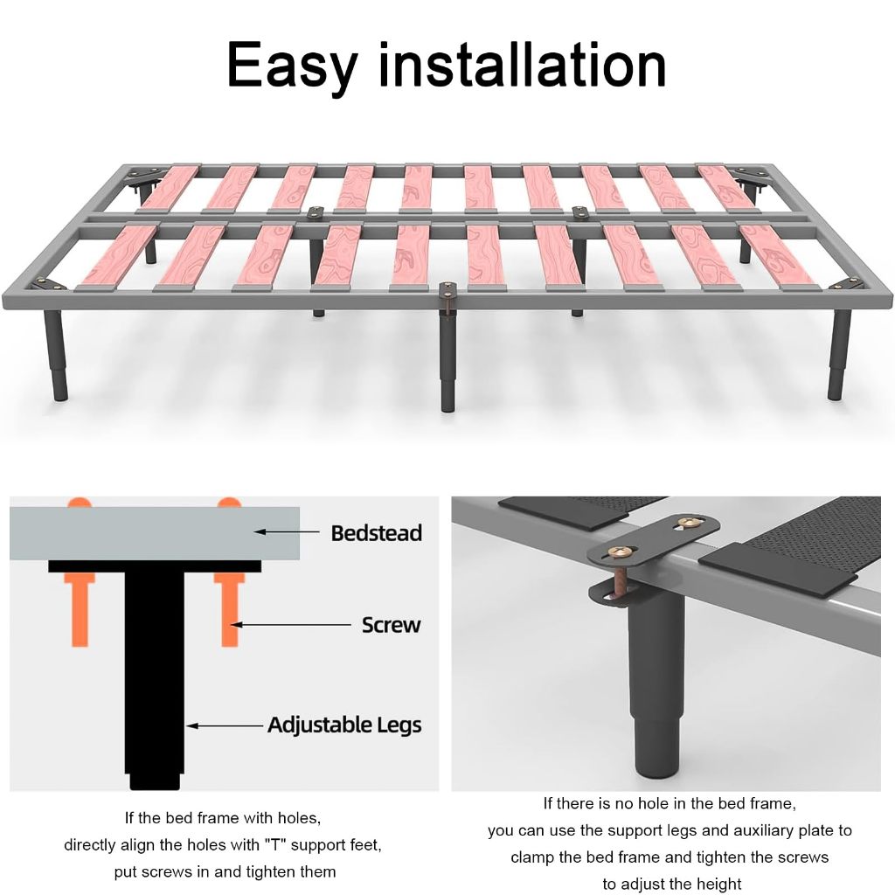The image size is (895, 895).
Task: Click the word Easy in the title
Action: (x=292, y=67)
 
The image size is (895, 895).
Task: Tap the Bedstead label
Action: (x=377, y=533)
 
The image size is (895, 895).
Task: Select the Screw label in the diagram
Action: (x=392, y=625)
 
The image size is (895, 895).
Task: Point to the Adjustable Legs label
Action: (x=344, y=725)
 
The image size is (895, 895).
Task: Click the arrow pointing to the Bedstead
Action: (x=286, y=532)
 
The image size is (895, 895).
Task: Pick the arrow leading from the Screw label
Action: (x=290, y=625)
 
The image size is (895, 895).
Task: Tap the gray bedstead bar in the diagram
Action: (x=155, y=533)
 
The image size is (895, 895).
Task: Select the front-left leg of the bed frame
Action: (x=55, y=355)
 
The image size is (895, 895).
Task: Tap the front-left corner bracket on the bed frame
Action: (x=49, y=284)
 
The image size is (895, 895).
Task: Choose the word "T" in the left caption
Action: (x=274, y=845)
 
